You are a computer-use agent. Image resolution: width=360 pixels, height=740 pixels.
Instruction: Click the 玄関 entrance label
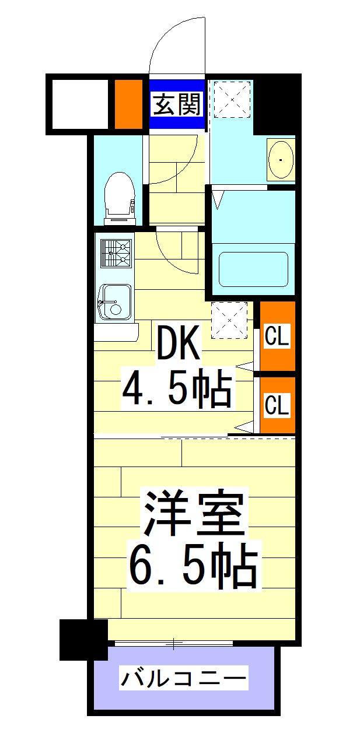pos(177,105)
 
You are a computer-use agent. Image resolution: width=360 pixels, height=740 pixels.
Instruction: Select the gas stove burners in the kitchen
pos(114,252)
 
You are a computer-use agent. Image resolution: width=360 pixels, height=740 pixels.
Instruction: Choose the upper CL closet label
pos(277,336)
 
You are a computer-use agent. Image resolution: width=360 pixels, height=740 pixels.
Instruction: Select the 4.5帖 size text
pos(177,388)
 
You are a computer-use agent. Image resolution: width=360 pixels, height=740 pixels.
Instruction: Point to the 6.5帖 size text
pos(193,564)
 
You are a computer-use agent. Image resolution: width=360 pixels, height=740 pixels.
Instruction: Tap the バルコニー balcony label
pos(183,679)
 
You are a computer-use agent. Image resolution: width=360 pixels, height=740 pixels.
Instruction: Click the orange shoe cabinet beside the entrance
pos(128,104)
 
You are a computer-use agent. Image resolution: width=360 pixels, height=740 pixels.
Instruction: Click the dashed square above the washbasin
pos(232,99)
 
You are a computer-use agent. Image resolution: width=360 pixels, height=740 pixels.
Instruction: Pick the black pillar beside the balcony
pos(83,640)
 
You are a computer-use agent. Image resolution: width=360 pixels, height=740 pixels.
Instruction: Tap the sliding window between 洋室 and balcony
pos(174,643)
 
